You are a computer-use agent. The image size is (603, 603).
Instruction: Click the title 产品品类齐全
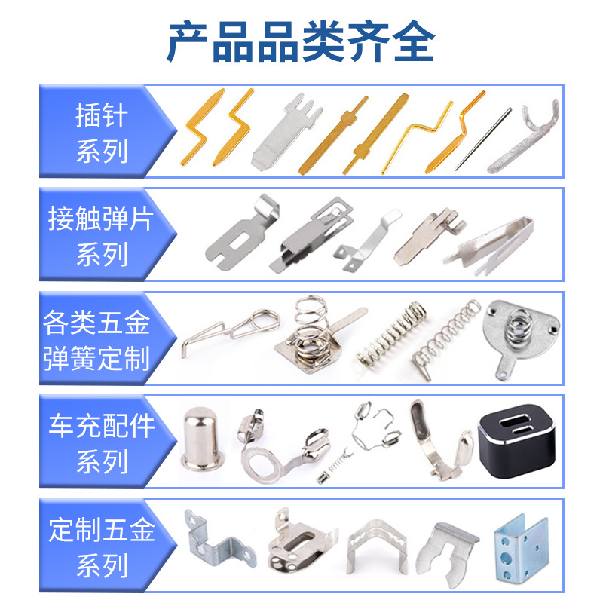(301, 41)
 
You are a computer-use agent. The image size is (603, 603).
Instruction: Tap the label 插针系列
(102, 133)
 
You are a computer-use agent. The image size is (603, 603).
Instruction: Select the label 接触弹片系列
(101, 236)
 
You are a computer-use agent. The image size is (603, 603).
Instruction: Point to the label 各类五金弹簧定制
(96, 340)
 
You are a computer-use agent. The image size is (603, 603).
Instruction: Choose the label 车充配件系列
(102, 443)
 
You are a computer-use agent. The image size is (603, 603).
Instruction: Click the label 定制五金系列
(102, 547)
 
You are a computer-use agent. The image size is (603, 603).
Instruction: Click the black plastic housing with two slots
(517, 441)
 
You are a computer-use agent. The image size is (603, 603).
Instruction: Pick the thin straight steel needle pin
(483, 139)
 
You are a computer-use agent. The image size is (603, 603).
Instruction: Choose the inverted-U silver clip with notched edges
(376, 547)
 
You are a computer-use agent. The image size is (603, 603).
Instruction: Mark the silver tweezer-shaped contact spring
(489, 245)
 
